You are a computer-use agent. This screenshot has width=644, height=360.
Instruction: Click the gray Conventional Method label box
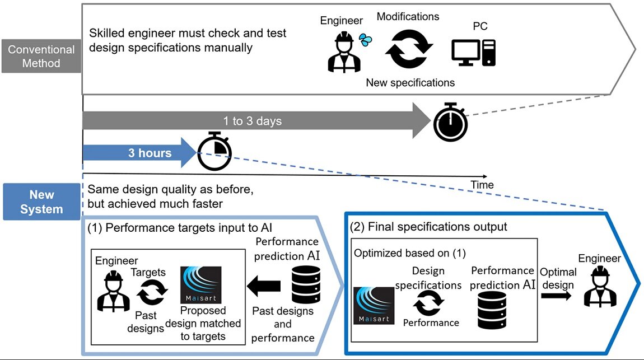tap(41, 57)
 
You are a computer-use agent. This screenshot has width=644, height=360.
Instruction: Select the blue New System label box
tap(41, 202)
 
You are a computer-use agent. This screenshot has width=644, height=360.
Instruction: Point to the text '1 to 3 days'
tap(252, 121)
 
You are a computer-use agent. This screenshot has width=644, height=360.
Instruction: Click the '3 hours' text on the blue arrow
tap(150, 153)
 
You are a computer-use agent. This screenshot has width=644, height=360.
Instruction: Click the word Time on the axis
tap(482, 185)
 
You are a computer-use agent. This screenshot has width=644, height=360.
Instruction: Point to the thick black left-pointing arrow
tap(264, 286)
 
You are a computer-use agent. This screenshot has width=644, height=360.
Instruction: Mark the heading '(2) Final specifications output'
tap(428, 227)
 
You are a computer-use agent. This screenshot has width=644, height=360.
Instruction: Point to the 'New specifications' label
tap(410, 83)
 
